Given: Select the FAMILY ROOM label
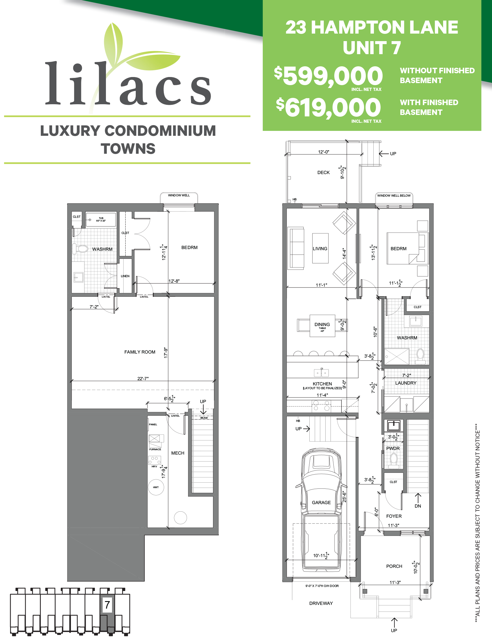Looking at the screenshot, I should click(139, 352).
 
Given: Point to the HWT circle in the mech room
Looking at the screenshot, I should click(156, 487).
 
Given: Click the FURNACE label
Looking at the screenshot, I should click(155, 449).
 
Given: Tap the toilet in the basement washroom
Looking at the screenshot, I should click(81, 249).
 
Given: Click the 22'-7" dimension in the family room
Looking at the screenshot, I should click(143, 379).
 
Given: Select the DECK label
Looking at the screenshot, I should click(323, 173).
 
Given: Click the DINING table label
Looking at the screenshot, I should click(322, 325).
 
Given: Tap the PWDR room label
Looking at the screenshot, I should click(393, 449).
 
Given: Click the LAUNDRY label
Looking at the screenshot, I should click(406, 383).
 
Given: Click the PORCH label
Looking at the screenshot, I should click(394, 566).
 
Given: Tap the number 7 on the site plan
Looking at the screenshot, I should click(107, 605).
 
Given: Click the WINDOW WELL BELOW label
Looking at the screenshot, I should click(394, 196).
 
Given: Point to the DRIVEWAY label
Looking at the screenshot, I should click(321, 603).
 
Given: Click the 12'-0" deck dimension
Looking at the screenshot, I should click(324, 152).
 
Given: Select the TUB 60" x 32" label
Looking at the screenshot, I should click(101, 219).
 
